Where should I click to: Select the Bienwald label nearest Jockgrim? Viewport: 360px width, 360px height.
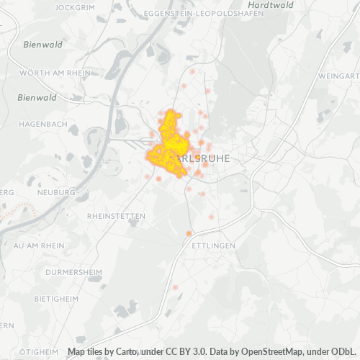coord(42,44)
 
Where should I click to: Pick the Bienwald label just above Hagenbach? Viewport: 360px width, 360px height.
coord(36,97)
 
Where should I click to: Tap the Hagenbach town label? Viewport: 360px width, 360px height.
coord(43,124)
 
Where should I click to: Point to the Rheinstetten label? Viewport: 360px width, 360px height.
coord(116,216)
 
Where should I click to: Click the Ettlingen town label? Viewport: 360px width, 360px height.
coord(214,246)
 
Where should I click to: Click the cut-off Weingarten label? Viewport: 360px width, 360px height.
coord(338,76)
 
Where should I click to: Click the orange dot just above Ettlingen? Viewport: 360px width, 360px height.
coord(189,233)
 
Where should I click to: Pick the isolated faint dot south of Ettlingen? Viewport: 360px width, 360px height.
coord(175,287)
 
